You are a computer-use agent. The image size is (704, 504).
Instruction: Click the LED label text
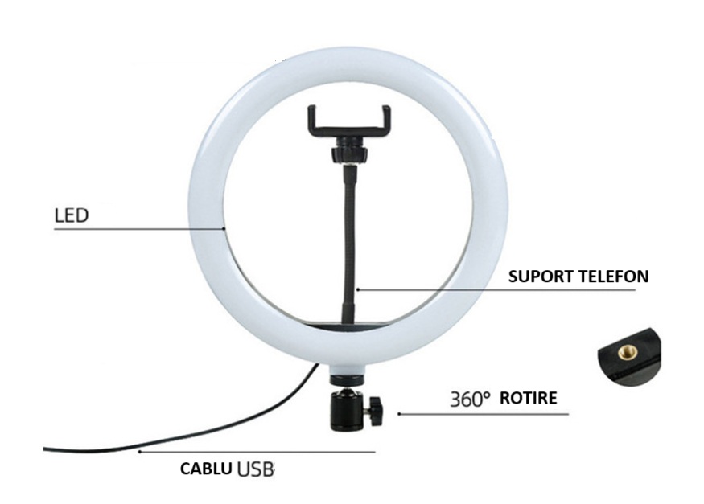(x=72, y=215)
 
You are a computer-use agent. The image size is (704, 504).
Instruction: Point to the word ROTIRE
(x=529, y=398)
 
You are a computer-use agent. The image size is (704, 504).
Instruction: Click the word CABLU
(x=206, y=469)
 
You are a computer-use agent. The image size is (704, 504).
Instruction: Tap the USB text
(x=256, y=469)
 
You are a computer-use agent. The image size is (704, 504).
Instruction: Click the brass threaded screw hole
(x=628, y=352)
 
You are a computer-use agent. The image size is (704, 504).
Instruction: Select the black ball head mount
(x=355, y=409)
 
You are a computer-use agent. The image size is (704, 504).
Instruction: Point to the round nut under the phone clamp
(x=349, y=154)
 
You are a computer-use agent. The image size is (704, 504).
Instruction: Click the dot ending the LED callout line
(x=224, y=228)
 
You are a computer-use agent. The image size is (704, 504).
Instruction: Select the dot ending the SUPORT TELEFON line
(x=358, y=289)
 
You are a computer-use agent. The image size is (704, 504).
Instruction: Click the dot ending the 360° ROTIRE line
(x=399, y=414)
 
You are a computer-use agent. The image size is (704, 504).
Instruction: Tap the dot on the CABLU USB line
(x=140, y=452)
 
